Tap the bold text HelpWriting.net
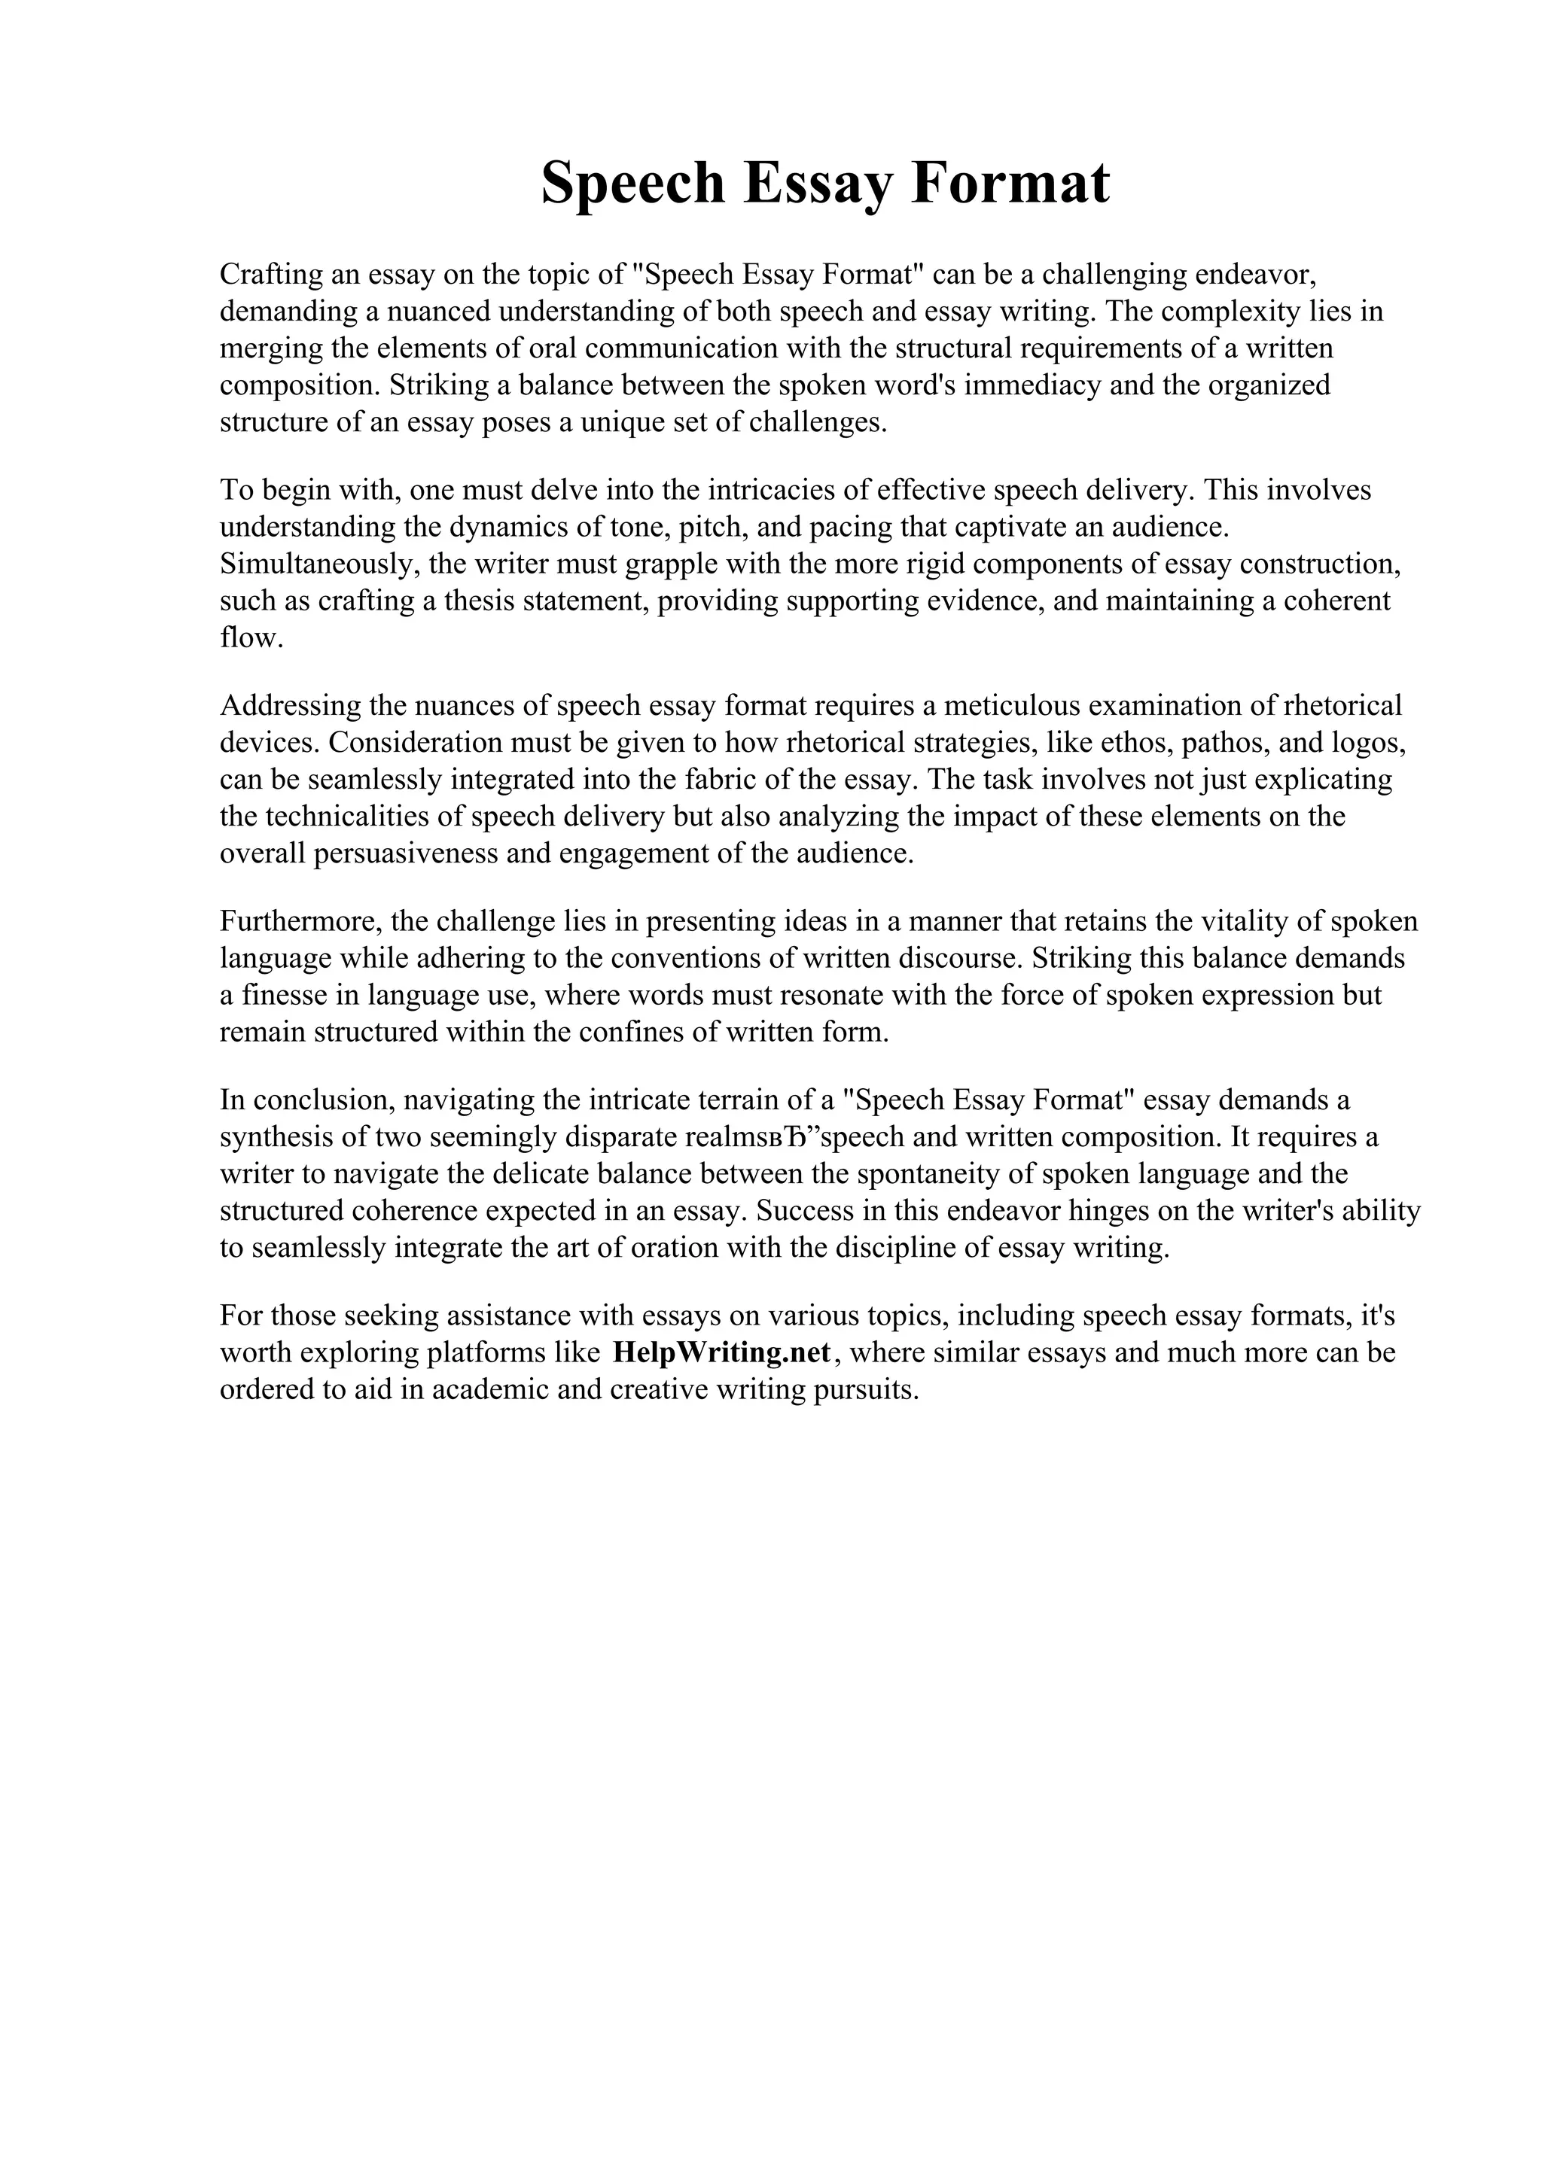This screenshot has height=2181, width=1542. (722, 1352)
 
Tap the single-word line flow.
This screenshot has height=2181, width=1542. (251, 637)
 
